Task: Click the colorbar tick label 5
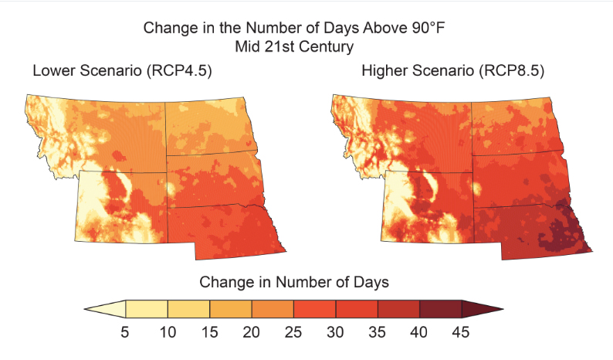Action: click(127, 333)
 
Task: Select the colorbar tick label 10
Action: click(168, 333)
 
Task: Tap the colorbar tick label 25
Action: click(293, 333)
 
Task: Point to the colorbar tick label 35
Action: click(378, 333)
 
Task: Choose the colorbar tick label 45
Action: click(461, 333)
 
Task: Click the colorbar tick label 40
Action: click(419, 333)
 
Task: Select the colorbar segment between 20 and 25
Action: click(273, 309)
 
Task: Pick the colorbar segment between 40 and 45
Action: click(440, 309)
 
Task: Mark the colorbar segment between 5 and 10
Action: click(147, 309)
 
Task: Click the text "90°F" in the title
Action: click(425, 29)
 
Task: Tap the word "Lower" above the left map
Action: click(52, 72)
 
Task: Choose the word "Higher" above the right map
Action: click(385, 72)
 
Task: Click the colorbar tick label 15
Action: click(210, 333)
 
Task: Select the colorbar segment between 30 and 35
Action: click(357, 309)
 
